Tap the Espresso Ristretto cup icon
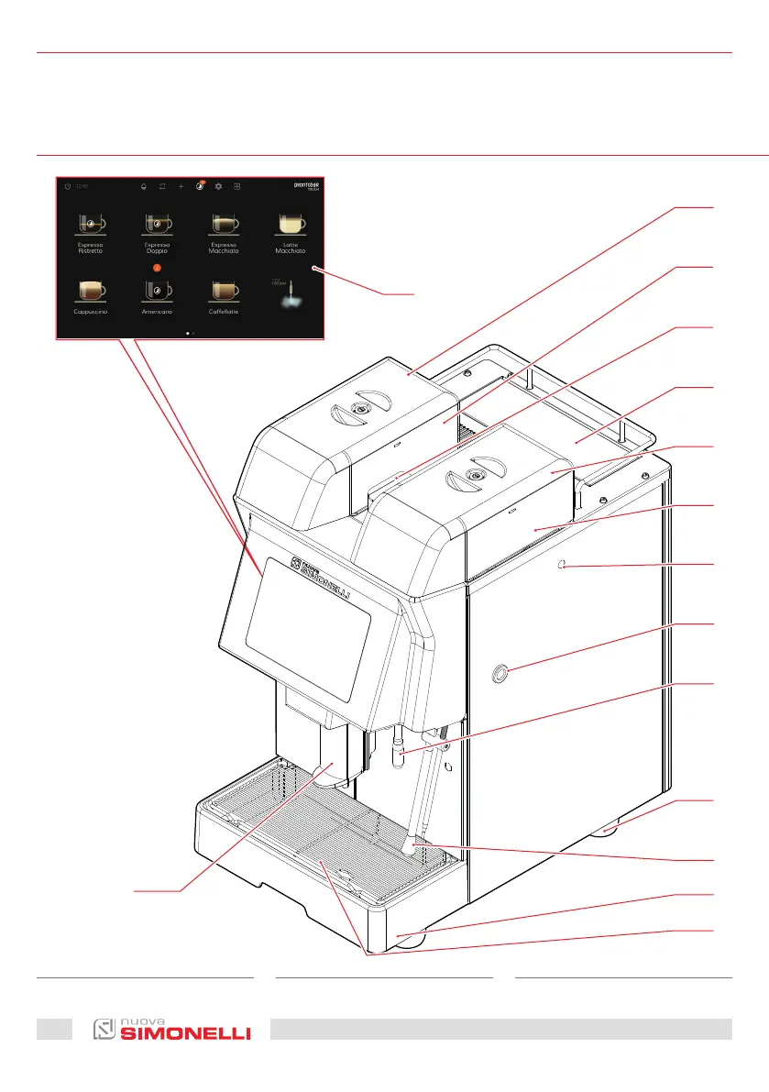(x=89, y=224)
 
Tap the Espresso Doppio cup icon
(x=157, y=224)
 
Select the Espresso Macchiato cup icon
(x=225, y=224)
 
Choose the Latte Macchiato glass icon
(x=292, y=224)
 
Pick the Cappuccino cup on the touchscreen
(x=89, y=290)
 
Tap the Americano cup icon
(x=157, y=290)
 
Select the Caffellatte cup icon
(x=225, y=290)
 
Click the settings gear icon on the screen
(x=218, y=186)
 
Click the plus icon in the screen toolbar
(x=181, y=186)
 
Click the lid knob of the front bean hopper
(x=473, y=475)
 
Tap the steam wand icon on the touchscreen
(x=291, y=293)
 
